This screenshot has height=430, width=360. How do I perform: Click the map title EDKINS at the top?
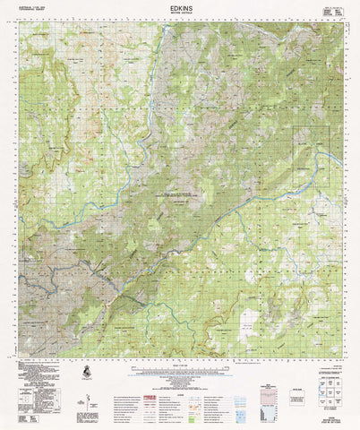(x=180, y=6)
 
